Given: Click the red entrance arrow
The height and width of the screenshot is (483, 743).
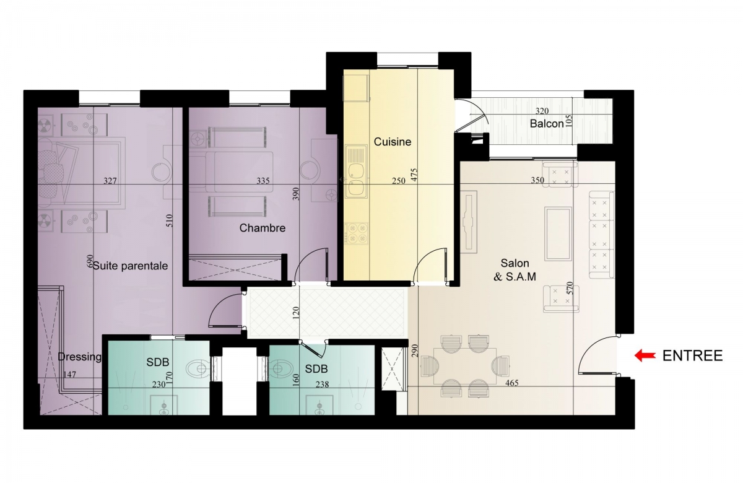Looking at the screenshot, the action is pyautogui.click(x=645, y=355).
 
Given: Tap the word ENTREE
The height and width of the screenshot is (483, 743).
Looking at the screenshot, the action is pyautogui.click(x=693, y=356).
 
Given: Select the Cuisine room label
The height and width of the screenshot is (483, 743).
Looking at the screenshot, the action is pyautogui.click(x=393, y=142).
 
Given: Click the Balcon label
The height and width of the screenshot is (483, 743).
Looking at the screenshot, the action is pyautogui.click(x=547, y=124).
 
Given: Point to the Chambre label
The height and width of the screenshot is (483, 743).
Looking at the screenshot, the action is pyautogui.click(x=263, y=228).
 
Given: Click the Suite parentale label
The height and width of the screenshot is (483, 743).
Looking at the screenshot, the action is pyautogui.click(x=131, y=266).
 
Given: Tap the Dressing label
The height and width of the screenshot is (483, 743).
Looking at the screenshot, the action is pyautogui.click(x=80, y=357).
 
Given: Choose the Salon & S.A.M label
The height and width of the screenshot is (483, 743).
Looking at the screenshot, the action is pyautogui.click(x=515, y=270).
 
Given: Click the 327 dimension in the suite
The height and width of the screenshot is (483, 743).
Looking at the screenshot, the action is pyautogui.click(x=110, y=181).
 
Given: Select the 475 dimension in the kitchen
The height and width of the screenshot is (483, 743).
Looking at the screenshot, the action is pyautogui.click(x=414, y=175).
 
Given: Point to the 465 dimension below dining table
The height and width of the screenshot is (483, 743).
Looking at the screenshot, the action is pyautogui.click(x=512, y=383).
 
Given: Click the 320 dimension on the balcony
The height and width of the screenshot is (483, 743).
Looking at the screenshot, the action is pyautogui.click(x=542, y=111).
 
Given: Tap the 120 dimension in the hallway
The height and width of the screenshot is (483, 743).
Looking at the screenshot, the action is pyautogui.click(x=296, y=313).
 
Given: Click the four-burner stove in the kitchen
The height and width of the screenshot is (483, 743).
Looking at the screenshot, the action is pyautogui.click(x=357, y=233).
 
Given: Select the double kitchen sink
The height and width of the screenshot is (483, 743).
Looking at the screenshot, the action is pyautogui.click(x=356, y=172).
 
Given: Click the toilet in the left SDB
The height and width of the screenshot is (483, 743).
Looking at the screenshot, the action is pyautogui.click(x=198, y=368).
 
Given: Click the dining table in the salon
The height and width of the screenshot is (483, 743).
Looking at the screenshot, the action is pyautogui.click(x=465, y=366).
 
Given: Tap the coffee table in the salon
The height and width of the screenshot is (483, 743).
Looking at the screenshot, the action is pyautogui.click(x=558, y=233).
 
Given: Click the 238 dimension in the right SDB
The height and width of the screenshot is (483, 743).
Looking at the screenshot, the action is pyautogui.click(x=322, y=385).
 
